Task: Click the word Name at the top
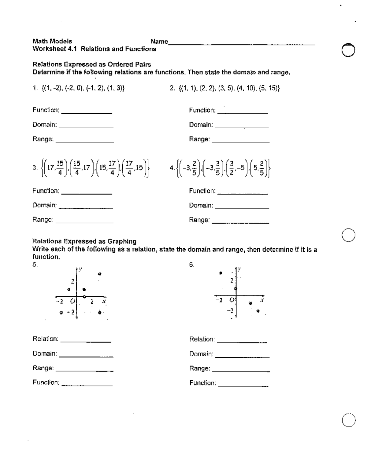click(x=159, y=42)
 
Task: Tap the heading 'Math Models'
click(x=52, y=41)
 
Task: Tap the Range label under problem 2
click(x=199, y=139)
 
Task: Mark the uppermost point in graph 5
click(x=99, y=274)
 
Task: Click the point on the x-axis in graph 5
click(x=84, y=296)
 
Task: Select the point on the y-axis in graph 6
click(x=235, y=288)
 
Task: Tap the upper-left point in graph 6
click(x=221, y=273)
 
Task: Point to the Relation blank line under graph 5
click(x=86, y=341)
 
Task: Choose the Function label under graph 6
click(x=202, y=383)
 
